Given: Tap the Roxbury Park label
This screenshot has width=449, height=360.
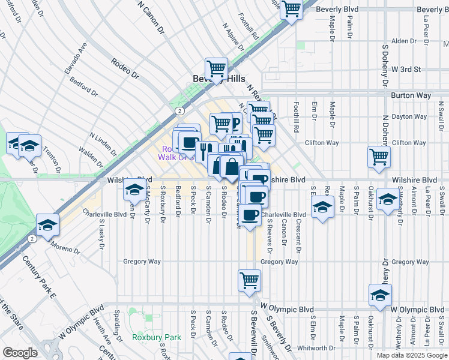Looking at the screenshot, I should [157, 338].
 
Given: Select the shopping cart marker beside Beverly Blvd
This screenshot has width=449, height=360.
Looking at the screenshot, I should [291, 10].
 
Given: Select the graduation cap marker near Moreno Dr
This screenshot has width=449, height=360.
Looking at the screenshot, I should [47, 225].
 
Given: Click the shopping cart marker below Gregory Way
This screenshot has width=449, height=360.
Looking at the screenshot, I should [250, 280].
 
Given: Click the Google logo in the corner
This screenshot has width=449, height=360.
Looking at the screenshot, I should [20, 353].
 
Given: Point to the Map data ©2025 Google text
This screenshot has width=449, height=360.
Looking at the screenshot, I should [412, 355].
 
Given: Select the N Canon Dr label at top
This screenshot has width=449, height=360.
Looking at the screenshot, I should [151, 17].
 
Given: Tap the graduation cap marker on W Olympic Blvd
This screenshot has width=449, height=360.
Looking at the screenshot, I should [380, 295].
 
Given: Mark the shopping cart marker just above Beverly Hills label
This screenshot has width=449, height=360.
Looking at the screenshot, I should [215, 68].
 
